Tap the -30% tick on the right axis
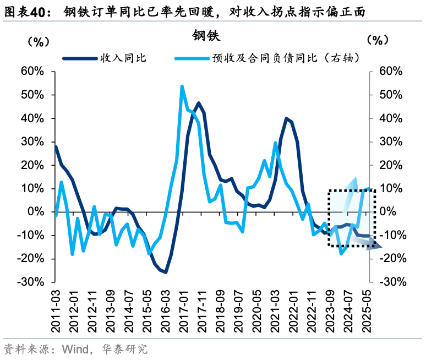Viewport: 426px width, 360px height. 394,282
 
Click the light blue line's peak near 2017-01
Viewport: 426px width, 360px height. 182,86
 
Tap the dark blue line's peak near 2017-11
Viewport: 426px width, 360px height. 198,103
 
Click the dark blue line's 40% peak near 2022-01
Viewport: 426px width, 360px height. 286,118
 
